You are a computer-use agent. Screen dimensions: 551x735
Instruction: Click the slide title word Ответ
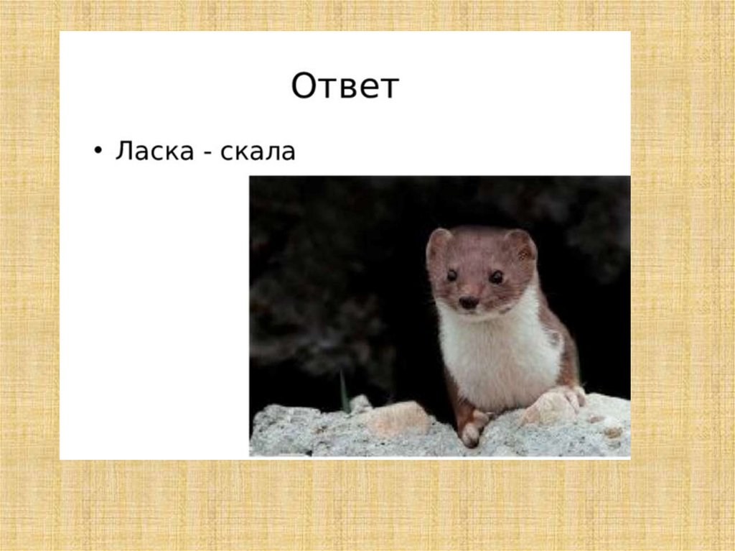click(x=345, y=87)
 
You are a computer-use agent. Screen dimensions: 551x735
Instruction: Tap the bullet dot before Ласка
click(x=98, y=152)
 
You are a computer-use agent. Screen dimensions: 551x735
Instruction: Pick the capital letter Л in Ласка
click(x=123, y=152)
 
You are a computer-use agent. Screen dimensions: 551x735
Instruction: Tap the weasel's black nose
click(x=468, y=302)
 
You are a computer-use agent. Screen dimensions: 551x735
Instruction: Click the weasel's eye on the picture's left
click(x=451, y=275)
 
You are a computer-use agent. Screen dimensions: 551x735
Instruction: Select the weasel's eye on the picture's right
click(x=496, y=277)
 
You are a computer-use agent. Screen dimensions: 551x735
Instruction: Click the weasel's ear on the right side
click(x=521, y=245)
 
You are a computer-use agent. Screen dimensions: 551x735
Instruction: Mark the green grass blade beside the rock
click(x=345, y=391)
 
